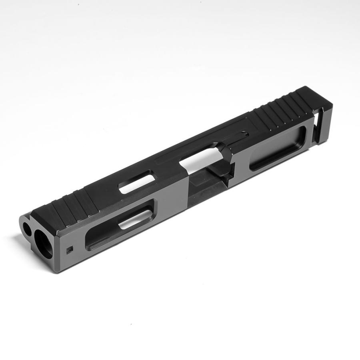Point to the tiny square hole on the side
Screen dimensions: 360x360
[x=69, y=251]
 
